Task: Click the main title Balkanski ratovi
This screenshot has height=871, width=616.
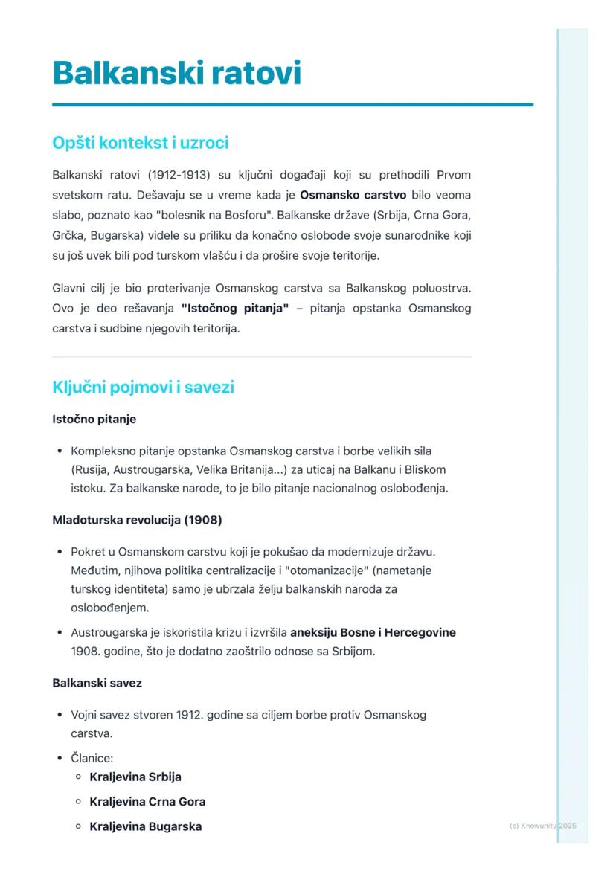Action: tap(176, 74)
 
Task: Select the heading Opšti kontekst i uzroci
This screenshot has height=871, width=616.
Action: tap(140, 143)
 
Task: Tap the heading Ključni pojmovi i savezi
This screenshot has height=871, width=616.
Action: tap(143, 388)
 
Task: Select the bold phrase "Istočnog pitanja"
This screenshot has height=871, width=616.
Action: tap(234, 308)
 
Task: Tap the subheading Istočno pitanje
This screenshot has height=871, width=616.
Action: tap(94, 420)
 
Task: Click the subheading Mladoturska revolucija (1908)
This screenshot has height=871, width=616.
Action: tap(137, 520)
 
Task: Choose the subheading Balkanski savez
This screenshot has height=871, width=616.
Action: tap(97, 683)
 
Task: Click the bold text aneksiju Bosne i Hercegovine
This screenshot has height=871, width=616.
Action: tap(373, 633)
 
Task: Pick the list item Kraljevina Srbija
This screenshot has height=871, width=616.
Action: tap(135, 777)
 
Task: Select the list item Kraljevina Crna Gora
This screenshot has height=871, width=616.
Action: tap(147, 802)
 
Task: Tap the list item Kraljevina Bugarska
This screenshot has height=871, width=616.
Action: tap(145, 826)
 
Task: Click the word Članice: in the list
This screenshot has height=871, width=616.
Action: tap(92, 759)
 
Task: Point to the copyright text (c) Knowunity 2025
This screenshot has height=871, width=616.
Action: tap(542, 826)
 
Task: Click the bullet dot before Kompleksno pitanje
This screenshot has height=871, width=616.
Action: tap(59, 451)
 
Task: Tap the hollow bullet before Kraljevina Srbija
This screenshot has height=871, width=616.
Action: tap(78, 777)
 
